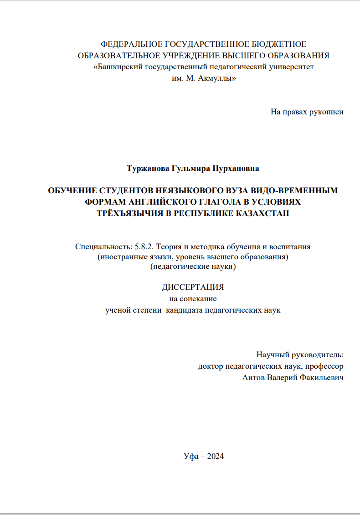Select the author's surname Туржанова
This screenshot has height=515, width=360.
[x=148, y=169]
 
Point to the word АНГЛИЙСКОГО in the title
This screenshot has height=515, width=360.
[x=154, y=202]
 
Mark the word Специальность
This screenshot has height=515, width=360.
[x=103, y=247]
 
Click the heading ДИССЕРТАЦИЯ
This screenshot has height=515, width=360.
[x=193, y=288]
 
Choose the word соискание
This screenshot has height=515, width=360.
[x=199, y=299]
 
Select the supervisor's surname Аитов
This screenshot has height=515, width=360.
[x=255, y=377]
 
